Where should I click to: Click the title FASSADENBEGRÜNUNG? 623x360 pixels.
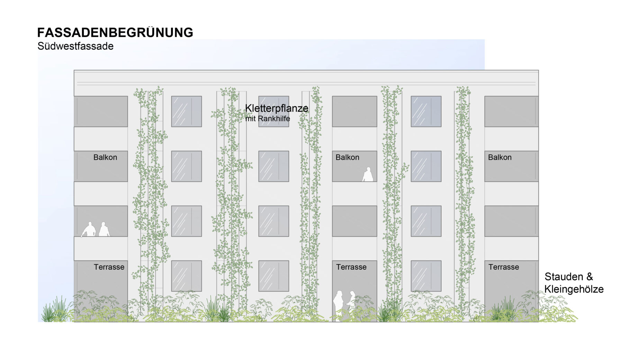[x=115, y=32]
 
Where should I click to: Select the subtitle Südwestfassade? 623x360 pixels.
[x=75, y=46]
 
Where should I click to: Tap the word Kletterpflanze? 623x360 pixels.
[x=277, y=108]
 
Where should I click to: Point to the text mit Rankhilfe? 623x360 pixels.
[x=268, y=119]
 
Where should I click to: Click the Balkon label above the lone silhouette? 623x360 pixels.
[x=347, y=157]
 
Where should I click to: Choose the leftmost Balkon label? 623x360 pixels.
[x=105, y=157]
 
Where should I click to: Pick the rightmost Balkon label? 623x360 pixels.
[x=500, y=157]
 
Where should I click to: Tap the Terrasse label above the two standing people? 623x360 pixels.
[x=351, y=267]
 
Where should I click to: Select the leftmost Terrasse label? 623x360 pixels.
[x=109, y=267]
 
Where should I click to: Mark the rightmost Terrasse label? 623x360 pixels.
[x=504, y=267]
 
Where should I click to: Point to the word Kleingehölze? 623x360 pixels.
[x=574, y=289]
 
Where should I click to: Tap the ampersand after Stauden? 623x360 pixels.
[x=589, y=277]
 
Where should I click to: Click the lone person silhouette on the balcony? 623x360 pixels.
[x=368, y=174]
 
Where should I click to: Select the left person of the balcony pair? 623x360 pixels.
[x=89, y=229]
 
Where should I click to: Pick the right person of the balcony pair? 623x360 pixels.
[x=104, y=229]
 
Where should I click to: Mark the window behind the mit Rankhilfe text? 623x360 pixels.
[x=274, y=111]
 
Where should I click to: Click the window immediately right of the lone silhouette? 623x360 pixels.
[x=426, y=166]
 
